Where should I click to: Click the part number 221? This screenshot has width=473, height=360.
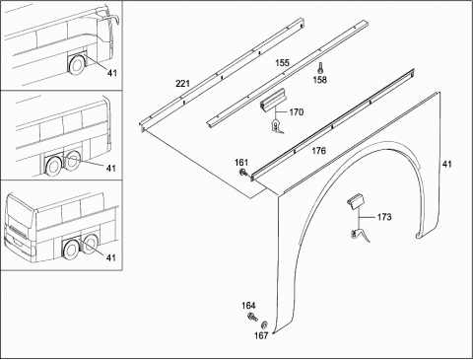click(183, 84)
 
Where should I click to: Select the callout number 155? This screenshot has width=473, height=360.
click(282, 63)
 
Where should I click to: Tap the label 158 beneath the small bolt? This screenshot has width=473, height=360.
click(319, 80)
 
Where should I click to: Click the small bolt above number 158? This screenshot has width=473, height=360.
click(320, 68)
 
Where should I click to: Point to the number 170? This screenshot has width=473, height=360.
click(297, 112)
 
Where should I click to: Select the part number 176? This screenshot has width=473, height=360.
click(318, 151)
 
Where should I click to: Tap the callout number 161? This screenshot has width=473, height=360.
click(241, 163)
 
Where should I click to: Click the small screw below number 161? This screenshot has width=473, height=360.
click(243, 172)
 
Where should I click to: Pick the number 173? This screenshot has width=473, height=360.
click(384, 217)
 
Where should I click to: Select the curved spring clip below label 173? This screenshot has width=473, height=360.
click(360, 235)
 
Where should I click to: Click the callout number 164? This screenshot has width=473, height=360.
click(248, 306)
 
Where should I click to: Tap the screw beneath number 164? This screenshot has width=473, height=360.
click(252, 318)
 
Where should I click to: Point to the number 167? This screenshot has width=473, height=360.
click(261, 335)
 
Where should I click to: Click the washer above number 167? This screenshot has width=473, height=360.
click(264, 325)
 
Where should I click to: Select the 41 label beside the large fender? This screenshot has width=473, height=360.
click(446, 164)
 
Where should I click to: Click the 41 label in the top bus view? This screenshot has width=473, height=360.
click(112, 73)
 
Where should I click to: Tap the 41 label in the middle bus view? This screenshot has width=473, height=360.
click(111, 168)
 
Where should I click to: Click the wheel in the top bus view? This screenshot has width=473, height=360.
click(77, 64)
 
